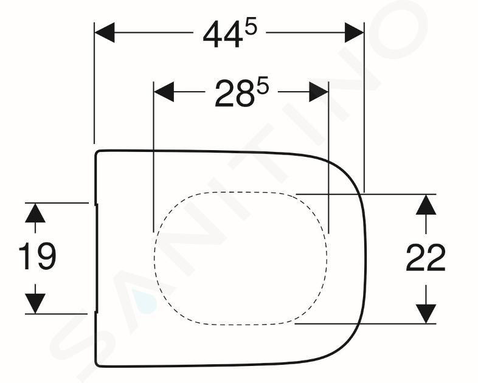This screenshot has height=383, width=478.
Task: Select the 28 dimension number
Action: [x=234, y=94]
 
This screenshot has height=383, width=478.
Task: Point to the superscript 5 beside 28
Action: [x=263, y=86]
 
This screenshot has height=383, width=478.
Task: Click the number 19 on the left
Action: [x=38, y=257]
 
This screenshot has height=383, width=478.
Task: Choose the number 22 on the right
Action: [x=426, y=258]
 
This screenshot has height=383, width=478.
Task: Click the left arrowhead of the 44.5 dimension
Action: [x=105, y=32]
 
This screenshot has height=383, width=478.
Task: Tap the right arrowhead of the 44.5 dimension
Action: [x=354, y=32]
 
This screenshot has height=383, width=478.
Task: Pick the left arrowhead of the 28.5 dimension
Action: [x=164, y=92]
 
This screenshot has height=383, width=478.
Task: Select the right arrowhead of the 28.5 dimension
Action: [x=319, y=92]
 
